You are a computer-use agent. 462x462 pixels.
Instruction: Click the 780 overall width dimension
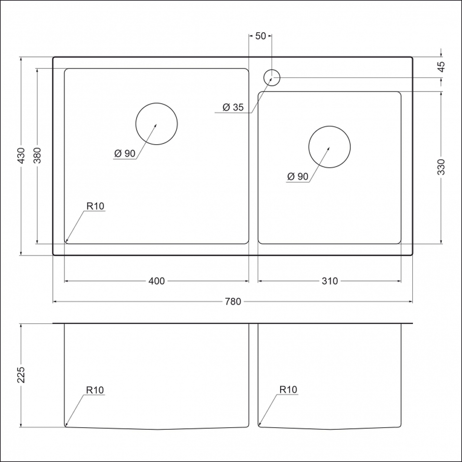(233, 301)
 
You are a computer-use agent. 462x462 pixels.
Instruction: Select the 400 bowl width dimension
(156, 281)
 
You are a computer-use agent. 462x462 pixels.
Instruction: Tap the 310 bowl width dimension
(330, 281)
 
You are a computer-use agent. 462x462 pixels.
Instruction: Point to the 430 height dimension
(21, 155)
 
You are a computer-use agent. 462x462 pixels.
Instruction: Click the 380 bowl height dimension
(37, 155)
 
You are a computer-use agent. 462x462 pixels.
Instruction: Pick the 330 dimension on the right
(441, 167)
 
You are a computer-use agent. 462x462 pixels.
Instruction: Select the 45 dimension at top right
(441, 67)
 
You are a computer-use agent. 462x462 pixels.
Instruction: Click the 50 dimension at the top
(260, 36)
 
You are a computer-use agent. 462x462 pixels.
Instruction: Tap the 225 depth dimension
(21, 375)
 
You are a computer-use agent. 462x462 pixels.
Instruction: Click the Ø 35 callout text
(233, 107)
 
